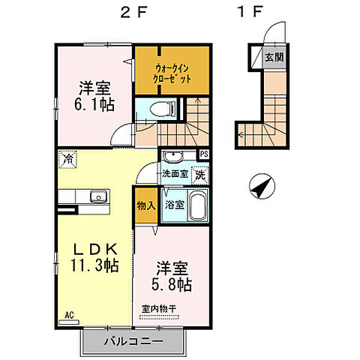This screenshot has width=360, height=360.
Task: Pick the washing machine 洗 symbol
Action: click(x=200, y=175)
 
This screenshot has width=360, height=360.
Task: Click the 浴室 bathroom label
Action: click(x=174, y=204)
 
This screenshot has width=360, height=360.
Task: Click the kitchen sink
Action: click(x=96, y=196)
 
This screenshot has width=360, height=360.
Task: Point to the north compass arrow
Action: click(x=260, y=187)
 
